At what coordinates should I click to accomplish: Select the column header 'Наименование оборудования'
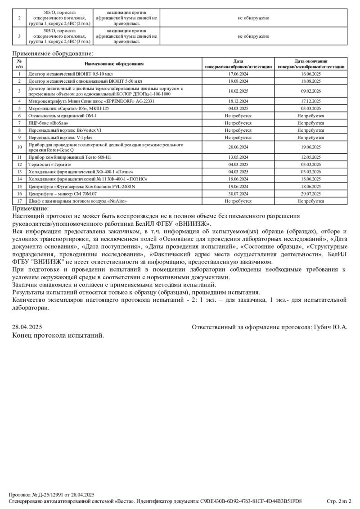pyautogui.click(x=114, y=64)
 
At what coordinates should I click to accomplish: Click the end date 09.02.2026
pyautogui.click(x=310, y=91)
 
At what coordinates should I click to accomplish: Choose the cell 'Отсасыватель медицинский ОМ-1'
pyautogui.click(x=63, y=116)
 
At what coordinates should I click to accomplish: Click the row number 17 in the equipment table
pyautogui.click(x=19, y=201)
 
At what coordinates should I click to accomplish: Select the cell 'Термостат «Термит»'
pyautogui.click(x=50, y=165)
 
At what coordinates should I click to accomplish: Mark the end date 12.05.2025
pyautogui.click(x=310, y=157)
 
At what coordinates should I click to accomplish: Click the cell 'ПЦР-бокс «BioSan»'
pyautogui.click(x=49, y=123)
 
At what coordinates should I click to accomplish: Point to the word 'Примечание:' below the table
pyautogui.click(x=31, y=208)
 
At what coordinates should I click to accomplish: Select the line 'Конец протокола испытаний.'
pyautogui.click(x=58, y=335)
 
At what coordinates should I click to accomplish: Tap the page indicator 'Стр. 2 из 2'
pyautogui.click(x=338, y=501)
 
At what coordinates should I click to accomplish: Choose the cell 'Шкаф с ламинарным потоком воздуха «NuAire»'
pyautogui.click(x=77, y=201)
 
